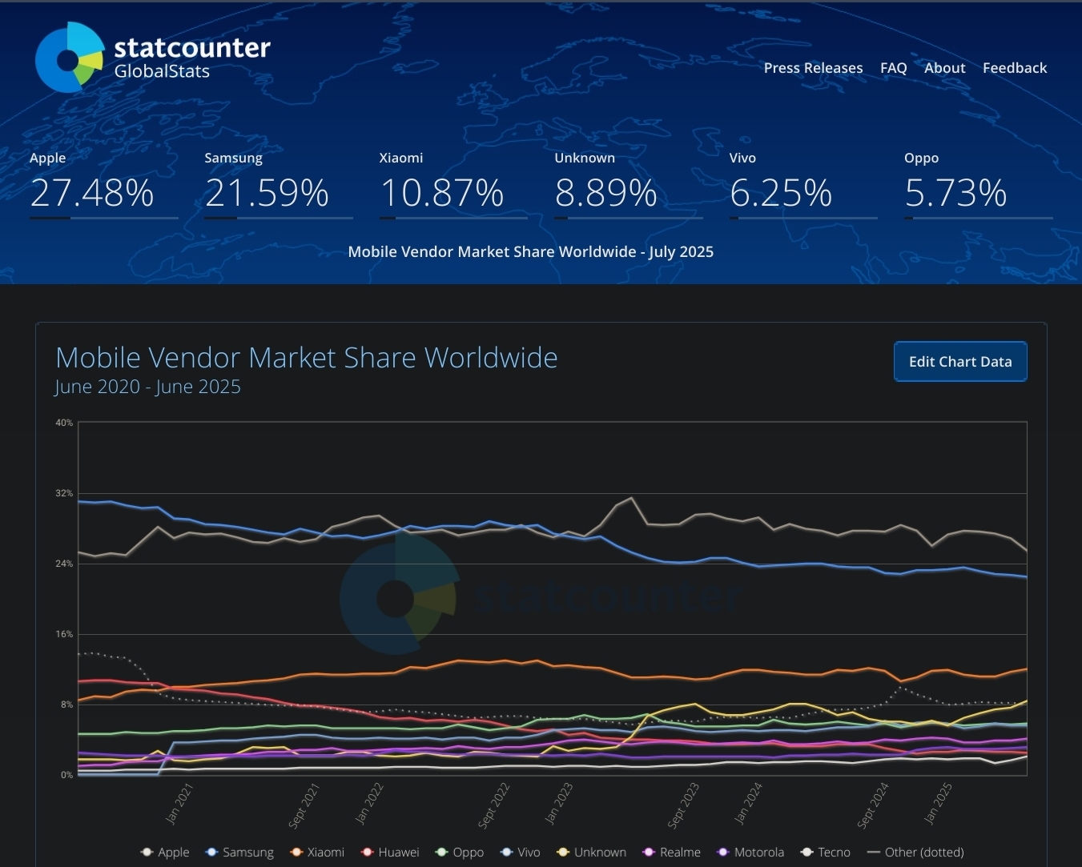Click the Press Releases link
813,68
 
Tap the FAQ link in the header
893,68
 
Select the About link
944,68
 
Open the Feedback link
1014,68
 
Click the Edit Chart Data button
959,362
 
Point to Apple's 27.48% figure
92,193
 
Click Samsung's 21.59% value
267,193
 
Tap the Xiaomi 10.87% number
441,193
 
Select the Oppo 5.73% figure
955,193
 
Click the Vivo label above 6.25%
742,158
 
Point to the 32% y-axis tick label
64,493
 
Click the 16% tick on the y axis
64,634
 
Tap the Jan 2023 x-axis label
559,803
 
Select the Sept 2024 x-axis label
873,805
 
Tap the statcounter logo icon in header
70,58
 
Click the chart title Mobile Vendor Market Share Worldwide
306,358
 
